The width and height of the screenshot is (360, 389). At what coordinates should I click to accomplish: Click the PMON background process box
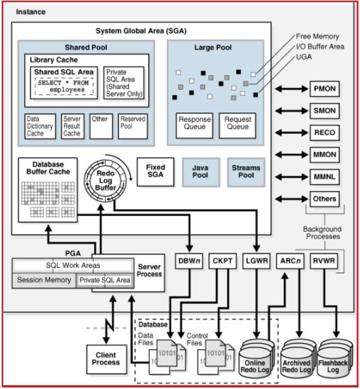324,89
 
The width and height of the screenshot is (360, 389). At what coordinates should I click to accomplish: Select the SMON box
324,111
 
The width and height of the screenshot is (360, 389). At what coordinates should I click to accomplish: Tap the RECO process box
324,132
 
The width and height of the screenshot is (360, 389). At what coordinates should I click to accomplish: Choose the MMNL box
324,176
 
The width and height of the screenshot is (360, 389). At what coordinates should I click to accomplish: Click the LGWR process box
257,261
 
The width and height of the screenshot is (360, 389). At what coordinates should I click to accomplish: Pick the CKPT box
222,261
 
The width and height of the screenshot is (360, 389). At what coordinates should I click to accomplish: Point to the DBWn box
190,261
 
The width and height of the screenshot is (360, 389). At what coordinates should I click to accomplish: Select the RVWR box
323,261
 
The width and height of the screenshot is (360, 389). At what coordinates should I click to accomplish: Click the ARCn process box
290,261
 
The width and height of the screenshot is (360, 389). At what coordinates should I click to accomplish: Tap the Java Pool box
200,172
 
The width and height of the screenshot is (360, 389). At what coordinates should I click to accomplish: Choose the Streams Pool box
246,172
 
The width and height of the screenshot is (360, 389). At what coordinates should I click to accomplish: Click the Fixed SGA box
155,171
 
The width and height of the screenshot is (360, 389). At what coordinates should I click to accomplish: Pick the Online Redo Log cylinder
255,364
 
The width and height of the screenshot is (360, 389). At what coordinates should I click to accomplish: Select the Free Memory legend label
317,36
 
